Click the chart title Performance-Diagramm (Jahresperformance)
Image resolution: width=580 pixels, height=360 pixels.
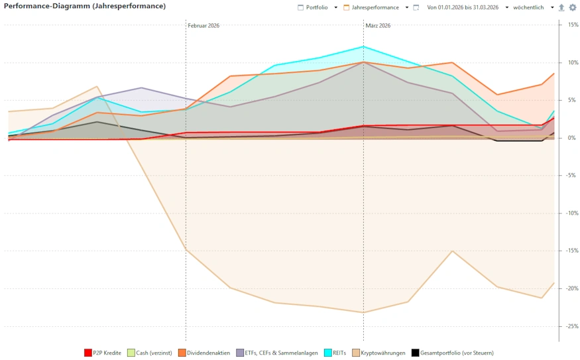[x=85, y=6]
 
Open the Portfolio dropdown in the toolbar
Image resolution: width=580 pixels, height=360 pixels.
[x=317, y=7]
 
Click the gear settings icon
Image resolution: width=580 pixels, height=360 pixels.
[x=573, y=7]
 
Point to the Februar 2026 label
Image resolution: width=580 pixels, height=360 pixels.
[x=203, y=26]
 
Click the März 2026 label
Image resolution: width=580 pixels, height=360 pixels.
[x=378, y=26]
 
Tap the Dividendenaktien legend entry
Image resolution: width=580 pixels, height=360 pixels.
[x=206, y=353]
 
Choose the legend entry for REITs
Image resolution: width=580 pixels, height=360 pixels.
[x=338, y=353]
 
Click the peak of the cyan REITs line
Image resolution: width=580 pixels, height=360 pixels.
[x=363, y=46]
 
